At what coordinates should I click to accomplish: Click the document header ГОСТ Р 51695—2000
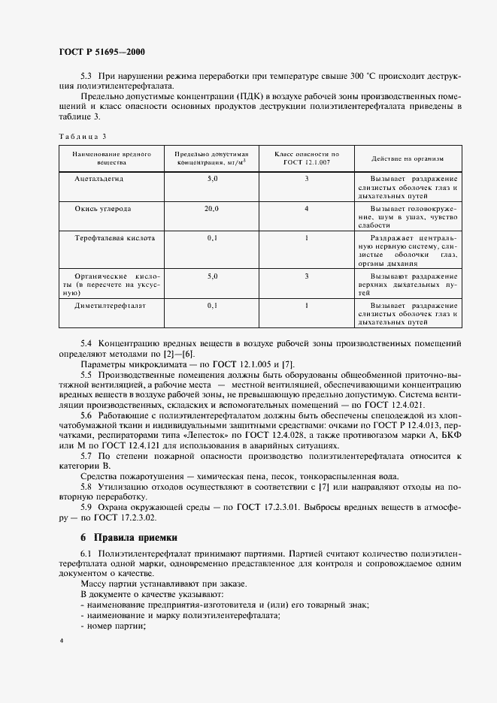102,52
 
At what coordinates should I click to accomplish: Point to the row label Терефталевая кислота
115,237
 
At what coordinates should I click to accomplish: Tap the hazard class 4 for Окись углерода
307,208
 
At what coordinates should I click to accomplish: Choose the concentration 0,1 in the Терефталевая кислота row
212,237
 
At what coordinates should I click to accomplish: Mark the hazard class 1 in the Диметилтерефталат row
307,306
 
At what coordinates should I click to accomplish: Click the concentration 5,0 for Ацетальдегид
212,179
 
